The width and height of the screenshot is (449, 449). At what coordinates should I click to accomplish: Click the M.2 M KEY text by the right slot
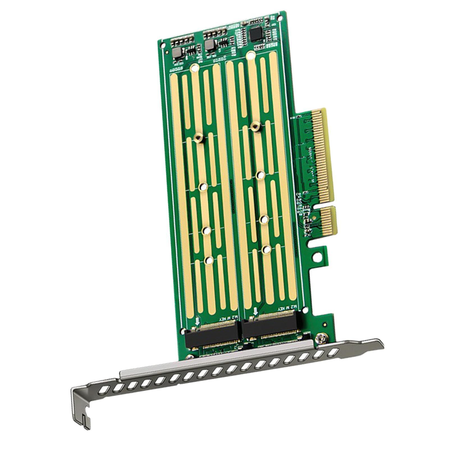286,309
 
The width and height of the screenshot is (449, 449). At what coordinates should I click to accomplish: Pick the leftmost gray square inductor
177,52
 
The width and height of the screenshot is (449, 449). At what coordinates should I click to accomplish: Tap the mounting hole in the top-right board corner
280,18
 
